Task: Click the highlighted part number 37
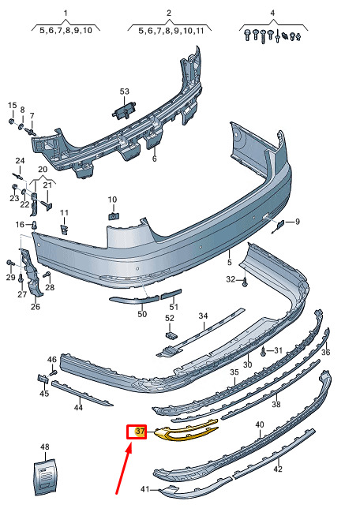(140, 431)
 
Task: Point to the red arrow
(123, 468)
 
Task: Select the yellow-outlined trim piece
(186, 431)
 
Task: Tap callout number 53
(124, 92)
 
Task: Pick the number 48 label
(45, 447)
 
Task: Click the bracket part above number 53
(124, 110)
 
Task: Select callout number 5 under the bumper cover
(230, 262)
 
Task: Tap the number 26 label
(36, 307)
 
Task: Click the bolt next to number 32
(245, 282)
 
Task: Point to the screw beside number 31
(264, 352)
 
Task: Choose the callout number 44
(78, 408)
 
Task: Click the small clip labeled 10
(114, 216)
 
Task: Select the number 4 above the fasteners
(272, 13)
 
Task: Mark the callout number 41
(144, 489)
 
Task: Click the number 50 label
(142, 314)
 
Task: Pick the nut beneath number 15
(11, 121)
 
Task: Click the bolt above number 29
(9, 263)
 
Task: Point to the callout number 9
(298, 222)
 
